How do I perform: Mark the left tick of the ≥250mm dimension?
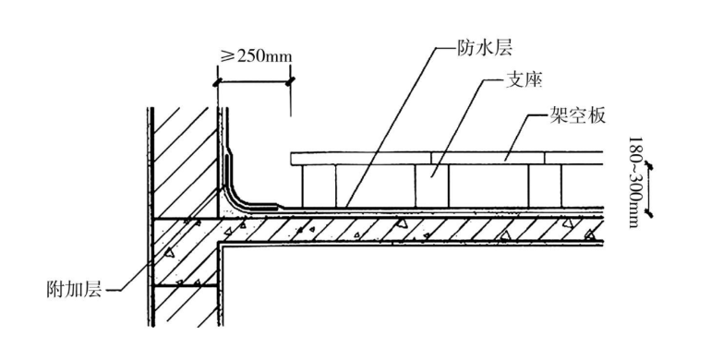coord(218,82)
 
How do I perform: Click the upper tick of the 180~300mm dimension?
coord(652,166)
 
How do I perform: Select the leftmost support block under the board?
coord(319,186)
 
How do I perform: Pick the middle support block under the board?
coord(432,186)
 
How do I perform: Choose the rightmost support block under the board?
coord(542,186)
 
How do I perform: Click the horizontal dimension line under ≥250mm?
coord(254,82)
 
